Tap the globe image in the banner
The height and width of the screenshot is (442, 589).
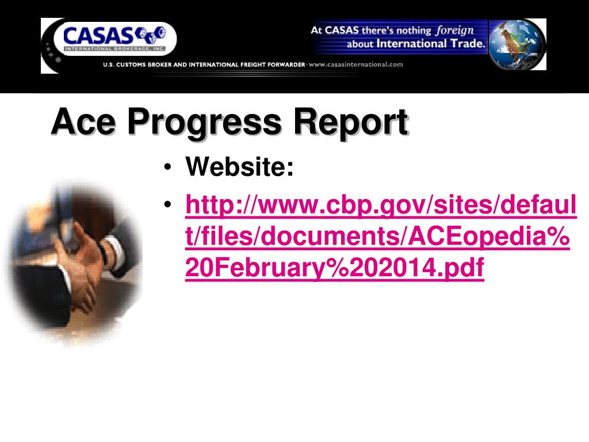(517, 44)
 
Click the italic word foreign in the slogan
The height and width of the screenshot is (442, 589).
(454, 30)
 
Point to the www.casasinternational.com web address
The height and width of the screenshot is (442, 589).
(356, 64)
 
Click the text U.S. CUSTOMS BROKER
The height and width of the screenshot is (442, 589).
(137, 64)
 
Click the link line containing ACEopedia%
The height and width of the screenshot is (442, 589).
(377, 237)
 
